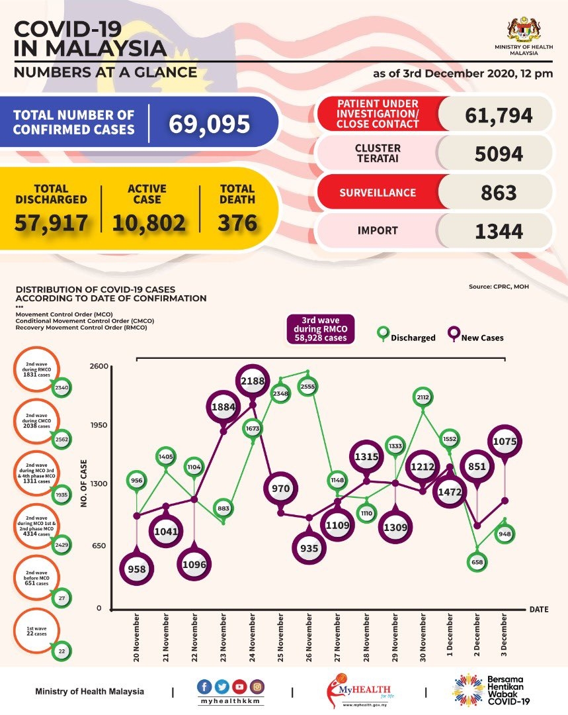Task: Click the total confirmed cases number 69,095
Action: [209, 124]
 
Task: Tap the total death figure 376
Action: [237, 222]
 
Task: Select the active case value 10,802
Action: [148, 223]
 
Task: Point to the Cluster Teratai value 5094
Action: [499, 154]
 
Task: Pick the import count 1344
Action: [499, 231]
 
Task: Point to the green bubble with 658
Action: [477, 561]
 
